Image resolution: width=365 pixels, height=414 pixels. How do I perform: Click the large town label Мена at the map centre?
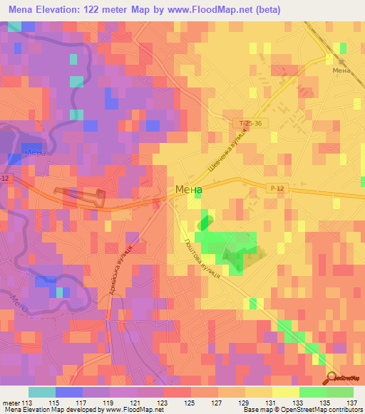coord(188,190)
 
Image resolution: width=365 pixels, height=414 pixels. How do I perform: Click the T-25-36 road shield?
coord(247,123)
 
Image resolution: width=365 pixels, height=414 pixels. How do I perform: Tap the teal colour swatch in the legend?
coord(42,392)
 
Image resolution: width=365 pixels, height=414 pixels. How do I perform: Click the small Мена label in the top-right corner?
coord(341,71)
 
